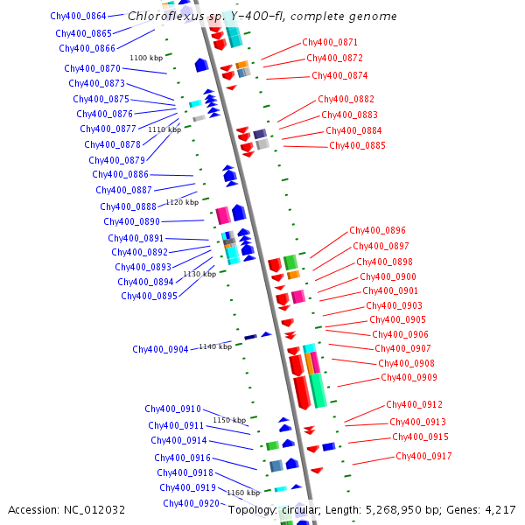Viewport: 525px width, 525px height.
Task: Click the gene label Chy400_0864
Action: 78,17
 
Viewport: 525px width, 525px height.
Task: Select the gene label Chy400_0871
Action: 330,42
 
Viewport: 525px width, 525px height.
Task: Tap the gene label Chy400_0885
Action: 357,146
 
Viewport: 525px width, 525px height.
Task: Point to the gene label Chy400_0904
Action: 160,350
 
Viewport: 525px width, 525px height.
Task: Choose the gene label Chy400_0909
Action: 409,378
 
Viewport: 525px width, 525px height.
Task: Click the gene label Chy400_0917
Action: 423,457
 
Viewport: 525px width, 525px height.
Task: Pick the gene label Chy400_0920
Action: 191,504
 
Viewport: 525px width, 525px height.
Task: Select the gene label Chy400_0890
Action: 131,222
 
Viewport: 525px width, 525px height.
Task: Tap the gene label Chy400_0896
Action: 377,231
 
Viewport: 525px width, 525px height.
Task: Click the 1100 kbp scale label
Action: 146,58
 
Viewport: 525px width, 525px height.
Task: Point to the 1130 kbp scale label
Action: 199,274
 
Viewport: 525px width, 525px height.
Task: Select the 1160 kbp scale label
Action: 243,493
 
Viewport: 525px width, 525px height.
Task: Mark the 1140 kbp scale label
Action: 215,346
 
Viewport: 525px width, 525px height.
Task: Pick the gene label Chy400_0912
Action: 414,404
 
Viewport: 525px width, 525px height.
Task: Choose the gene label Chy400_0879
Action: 116,161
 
